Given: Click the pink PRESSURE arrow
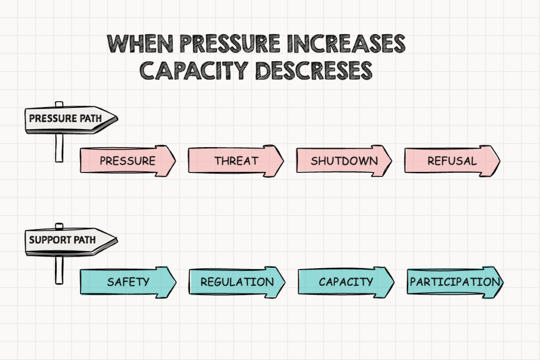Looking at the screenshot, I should (x=128, y=160).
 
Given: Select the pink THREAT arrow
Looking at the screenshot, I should (x=236, y=160).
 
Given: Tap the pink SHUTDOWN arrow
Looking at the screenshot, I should (x=344, y=160).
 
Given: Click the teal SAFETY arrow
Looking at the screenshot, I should (x=128, y=281).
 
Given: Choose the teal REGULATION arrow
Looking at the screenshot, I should (x=237, y=281).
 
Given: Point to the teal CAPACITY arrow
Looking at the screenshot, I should (x=345, y=281).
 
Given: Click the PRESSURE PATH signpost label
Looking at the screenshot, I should (x=65, y=119).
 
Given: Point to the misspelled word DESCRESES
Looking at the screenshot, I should (x=313, y=70).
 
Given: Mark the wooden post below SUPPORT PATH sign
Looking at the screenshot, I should (x=59, y=269).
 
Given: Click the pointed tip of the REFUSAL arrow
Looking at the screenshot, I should (x=498, y=160).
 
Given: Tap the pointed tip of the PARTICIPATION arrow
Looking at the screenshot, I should (x=502, y=282).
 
